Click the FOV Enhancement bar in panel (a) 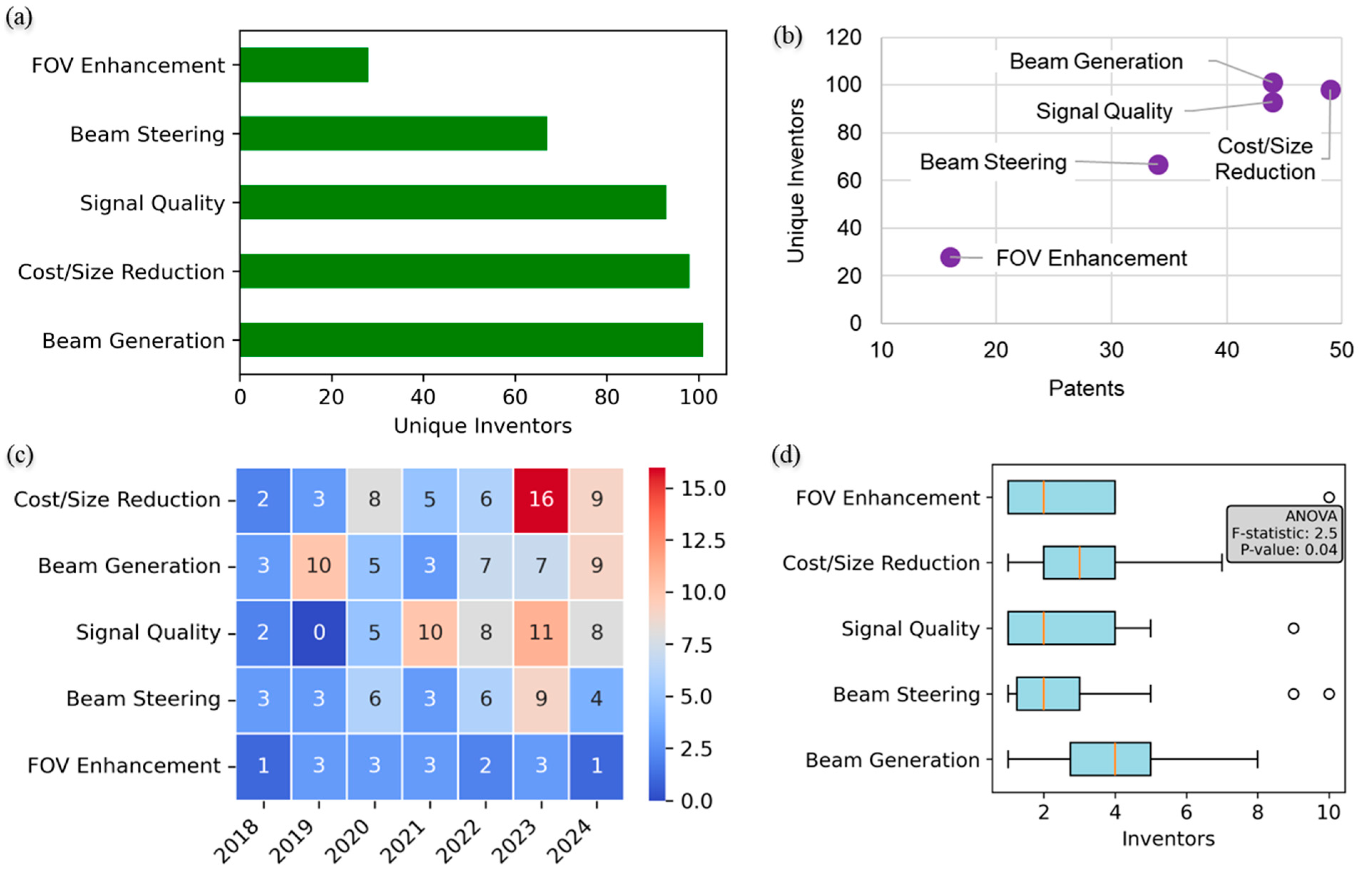(304, 65)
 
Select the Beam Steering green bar (393, 134)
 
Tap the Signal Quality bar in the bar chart (453, 202)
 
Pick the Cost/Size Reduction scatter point (1330, 90)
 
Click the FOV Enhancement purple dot (950, 257)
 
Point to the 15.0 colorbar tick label (702, 488)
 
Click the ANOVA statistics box (1284, 533)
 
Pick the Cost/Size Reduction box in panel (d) (1079, 562)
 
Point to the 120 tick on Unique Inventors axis (843, 37)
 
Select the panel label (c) (20, 455)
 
